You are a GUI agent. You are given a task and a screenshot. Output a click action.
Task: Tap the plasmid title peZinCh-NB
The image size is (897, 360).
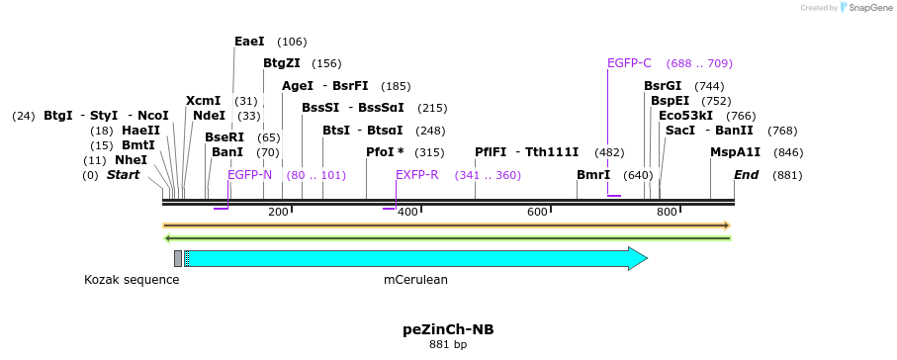[447, 328]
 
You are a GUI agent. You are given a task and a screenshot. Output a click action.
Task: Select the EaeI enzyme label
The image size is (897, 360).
[249, 42]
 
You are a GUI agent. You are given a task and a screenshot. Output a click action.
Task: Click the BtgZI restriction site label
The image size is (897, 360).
[282, 63]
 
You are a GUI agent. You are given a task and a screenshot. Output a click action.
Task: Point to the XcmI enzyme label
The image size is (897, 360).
[203, 101]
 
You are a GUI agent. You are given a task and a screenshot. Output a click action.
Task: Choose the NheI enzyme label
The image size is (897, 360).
[131, 160]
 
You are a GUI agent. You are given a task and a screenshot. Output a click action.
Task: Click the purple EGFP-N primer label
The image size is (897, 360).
[249, 175]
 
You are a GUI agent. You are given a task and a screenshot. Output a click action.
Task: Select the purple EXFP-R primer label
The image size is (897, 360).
[416, 175]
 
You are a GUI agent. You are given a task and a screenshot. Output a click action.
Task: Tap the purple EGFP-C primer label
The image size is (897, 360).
[629, 63]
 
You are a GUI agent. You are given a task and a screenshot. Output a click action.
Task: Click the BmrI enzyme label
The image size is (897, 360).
[593, 175]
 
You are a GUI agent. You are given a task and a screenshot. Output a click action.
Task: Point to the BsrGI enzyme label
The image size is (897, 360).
[663, 86]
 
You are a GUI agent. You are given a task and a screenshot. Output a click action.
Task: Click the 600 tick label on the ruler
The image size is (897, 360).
[537, 213]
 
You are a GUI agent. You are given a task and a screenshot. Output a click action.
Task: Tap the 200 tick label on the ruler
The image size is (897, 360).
[278, 213]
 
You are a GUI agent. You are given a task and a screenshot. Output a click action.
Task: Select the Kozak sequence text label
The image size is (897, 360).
[132, 280]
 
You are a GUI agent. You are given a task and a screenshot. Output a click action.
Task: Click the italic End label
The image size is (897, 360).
[746, 175]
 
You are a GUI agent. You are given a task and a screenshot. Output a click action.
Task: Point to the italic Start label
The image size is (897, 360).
[124, 175]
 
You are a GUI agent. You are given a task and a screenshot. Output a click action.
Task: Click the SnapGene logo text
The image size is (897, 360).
[867, 8]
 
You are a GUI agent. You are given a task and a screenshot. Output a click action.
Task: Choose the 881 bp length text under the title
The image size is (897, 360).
[447, 345]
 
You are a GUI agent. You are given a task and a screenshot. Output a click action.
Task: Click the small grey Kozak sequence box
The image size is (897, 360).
[178, 258]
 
